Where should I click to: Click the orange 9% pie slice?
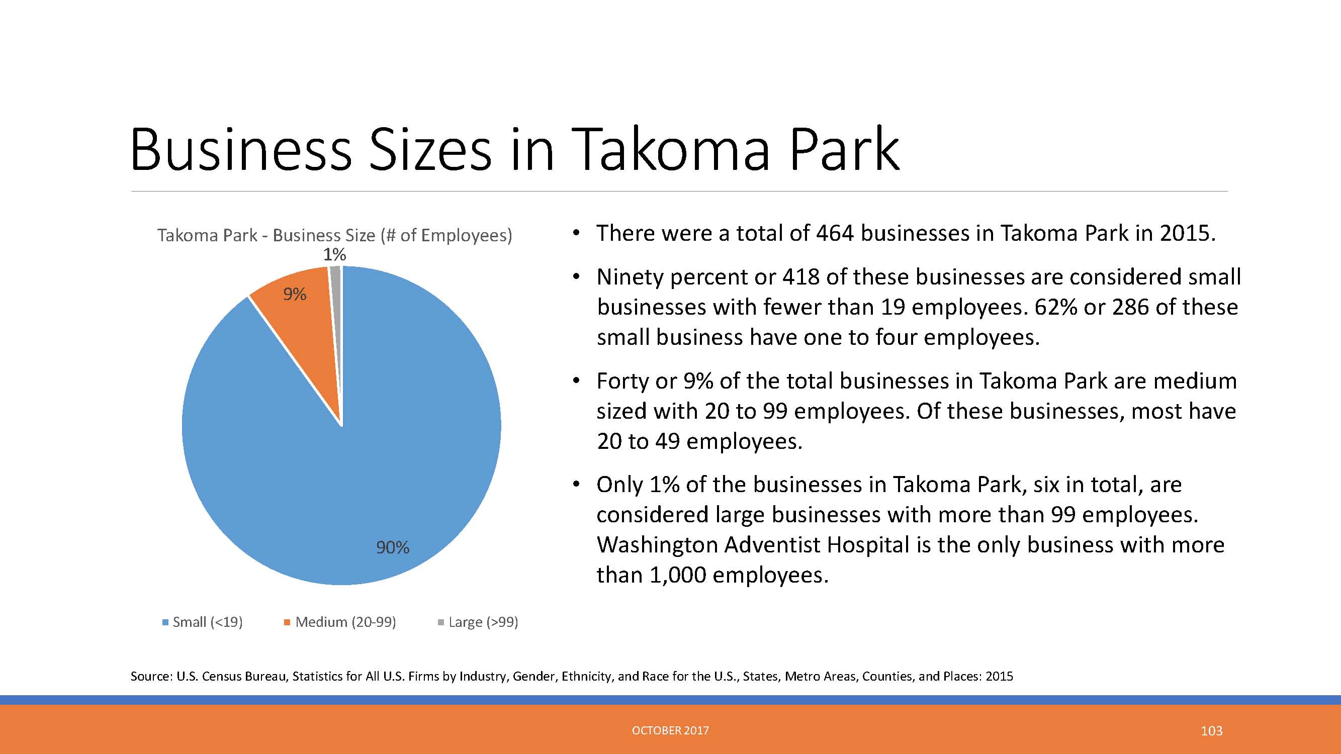coord(299,323)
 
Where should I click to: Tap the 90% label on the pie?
coord(393,547)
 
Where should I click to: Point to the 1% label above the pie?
coord(335,254)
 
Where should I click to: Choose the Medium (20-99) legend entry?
coord(340,622)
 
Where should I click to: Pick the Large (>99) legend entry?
coord(478,622)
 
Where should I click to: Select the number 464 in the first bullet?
coord(835,233)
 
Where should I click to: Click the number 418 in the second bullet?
coord(801,277)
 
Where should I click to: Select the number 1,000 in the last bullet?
coord(678,575)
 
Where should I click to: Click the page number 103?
coord(1211,731)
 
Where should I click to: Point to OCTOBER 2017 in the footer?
coord(671,730)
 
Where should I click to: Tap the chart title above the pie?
coord(335,236)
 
